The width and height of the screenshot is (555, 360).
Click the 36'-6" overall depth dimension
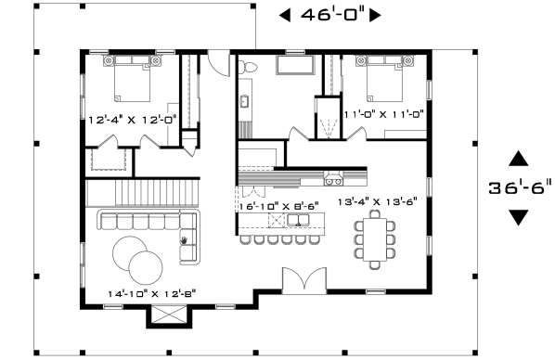pos(520,187)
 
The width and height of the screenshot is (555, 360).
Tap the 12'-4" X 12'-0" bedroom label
pos(132,120)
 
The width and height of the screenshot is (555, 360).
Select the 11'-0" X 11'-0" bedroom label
pos(384,114)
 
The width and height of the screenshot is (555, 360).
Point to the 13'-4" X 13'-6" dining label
pos(378,201)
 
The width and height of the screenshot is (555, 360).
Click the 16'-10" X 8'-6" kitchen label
pos(279,206)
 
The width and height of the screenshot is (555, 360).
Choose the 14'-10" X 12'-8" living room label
pos(152,293)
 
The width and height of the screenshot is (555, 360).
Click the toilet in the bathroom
pos(247,67)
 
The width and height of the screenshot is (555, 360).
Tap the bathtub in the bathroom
pos(295,65)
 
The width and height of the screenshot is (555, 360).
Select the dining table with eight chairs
pos(375,239)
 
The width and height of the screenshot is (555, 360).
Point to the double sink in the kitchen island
pos(298,220)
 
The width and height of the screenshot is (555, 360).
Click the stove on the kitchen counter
pos(333,179)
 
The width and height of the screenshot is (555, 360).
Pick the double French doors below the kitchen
pos(304,280)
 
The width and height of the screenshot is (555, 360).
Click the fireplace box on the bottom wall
pos(169,315)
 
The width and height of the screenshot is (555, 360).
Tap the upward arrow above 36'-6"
pos(519,159)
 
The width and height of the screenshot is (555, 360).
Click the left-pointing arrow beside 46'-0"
pos(285,15)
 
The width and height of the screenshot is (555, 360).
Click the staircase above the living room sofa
pos(143,193)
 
